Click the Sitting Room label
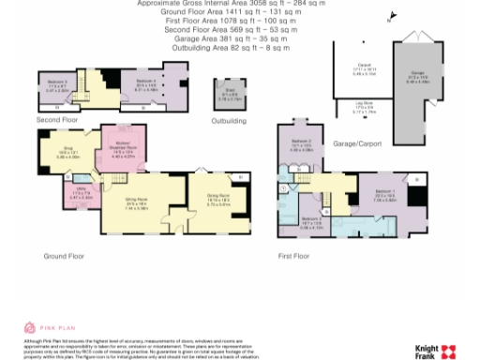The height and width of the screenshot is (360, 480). [139, 202]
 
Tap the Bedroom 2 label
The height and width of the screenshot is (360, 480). [301, 147]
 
